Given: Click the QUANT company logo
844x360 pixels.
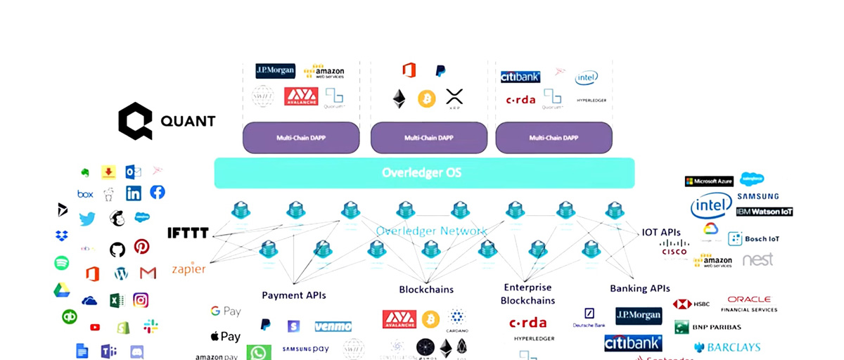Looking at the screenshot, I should coord(166,121).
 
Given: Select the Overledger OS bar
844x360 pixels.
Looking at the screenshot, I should coord(424,173).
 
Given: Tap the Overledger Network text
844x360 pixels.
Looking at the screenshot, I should coord(431,231).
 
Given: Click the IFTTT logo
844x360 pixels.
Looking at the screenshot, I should coord(188,233).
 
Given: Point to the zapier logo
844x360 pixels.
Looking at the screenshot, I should coord(188,269).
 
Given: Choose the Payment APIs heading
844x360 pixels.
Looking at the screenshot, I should coord(294,295).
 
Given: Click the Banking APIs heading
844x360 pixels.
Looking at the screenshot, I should coord(640,288).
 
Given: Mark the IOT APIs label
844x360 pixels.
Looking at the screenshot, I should coord(661,232).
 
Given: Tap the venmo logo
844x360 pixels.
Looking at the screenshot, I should coord(333,326).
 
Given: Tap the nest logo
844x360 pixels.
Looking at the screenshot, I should coord(757,259).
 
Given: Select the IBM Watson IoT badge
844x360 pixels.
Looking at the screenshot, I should coord(765,212).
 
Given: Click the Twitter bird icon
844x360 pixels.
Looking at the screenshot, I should coord(87,219).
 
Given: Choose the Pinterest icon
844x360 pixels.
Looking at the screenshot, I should coord(142,246).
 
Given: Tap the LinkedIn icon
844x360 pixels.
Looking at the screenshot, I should coord(134,193).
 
